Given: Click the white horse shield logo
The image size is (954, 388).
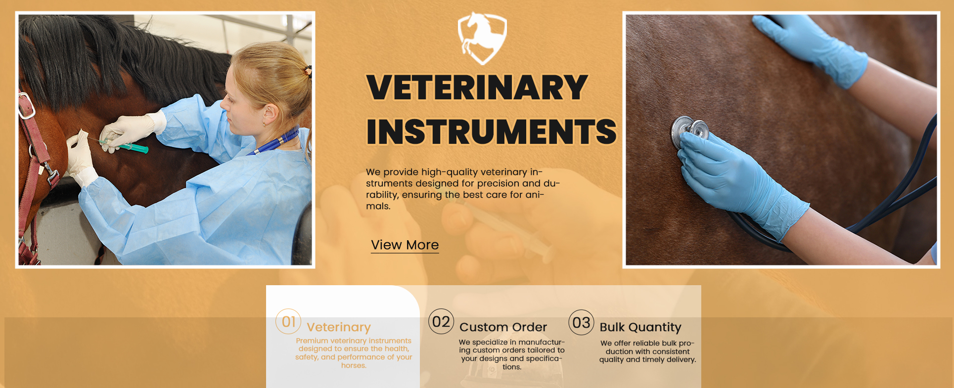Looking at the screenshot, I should (x=482, y=38).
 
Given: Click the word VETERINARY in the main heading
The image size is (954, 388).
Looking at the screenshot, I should (x=477, y=87).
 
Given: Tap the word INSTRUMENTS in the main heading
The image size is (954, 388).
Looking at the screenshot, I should (x=491, y=131).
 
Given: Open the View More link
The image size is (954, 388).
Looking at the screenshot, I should (x=405, y=245).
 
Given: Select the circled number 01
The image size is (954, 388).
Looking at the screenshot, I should (x=288, y=322).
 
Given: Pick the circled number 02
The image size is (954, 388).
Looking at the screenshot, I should (x=441, y=322).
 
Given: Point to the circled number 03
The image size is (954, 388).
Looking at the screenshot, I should (x=581, y=323).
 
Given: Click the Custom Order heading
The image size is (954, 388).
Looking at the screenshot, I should (x=503, y=327).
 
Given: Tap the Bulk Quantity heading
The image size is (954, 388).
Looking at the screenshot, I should (x=640, y=327).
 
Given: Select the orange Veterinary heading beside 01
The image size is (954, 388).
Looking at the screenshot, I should (x=339, y=327).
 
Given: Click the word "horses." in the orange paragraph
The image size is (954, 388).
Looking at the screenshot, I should (x=354, y=366).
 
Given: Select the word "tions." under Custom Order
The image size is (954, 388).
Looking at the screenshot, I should (x=512, y=367).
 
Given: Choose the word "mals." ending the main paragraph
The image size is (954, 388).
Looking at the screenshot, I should (x=378, y=206).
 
